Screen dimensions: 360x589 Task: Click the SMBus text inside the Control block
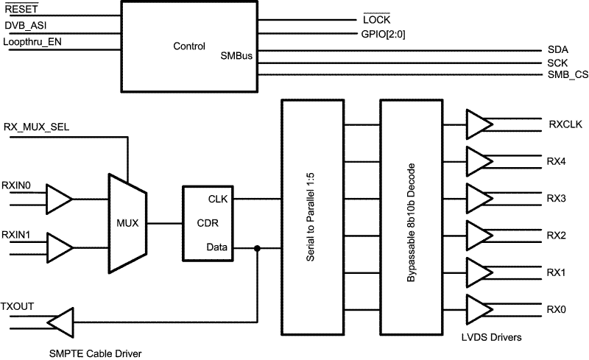pos(236,56)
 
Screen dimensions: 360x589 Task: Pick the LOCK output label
pos(376,19)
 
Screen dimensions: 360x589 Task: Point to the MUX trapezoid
pos(126,221)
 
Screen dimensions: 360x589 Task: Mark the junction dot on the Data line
pos(257,249)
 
